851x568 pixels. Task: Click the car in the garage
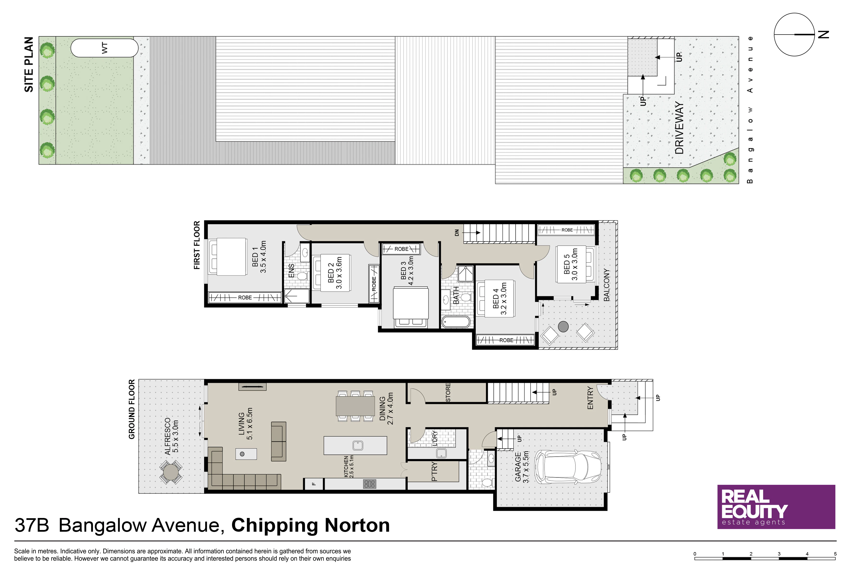coord(568,467)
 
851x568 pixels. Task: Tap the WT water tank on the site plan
coord(104,48)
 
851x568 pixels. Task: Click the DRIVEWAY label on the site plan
coord(680,128)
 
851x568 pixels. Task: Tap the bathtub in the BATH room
coord(456,322)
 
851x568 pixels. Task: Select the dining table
coord(355,406)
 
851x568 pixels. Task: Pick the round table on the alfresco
coord(171,472)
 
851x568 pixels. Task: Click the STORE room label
coord(448,393)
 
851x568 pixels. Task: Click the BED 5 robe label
coord(567,230)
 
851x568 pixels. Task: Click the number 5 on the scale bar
coord(835,554)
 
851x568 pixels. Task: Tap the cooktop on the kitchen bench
coord(369,484)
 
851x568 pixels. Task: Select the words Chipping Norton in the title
coord(310,526)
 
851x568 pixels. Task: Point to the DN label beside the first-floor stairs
coord(457,233)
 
